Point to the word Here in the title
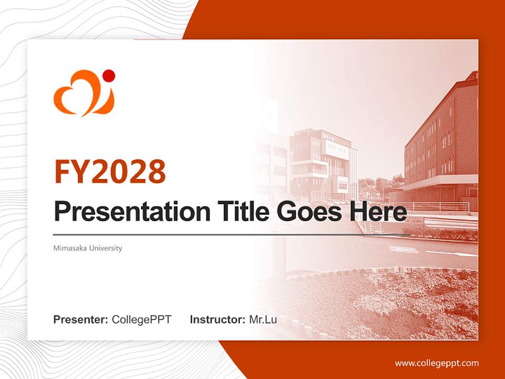pyautogui.click(x=378, y=212)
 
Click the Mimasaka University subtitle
pyautogui.click(x=87, y=248)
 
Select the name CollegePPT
pyautogui.click(x=142, y=320)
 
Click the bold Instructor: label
pyautogui.click(x=217, y=320)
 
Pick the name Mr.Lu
pyautogui.click(x=262, y=320)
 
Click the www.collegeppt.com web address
pyautogui.click(x=437, y=363)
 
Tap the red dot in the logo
pyautogui.click(x=109, y=76)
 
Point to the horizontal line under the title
pyautogui.click(x=231, y=235)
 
